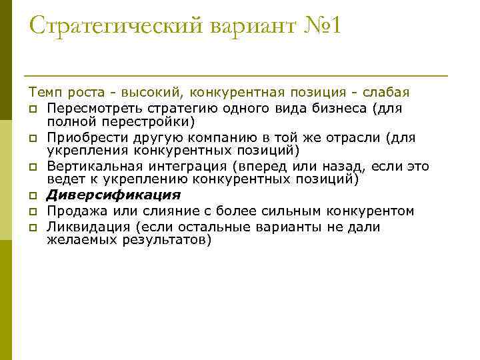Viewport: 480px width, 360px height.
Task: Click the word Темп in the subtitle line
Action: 43,91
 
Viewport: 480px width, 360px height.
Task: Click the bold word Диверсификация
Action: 114,196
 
